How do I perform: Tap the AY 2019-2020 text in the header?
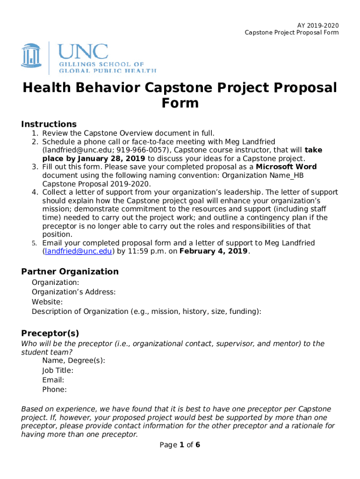pyautogui.click(x=318, y=25)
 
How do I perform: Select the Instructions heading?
pyautogui.click(x=49, y=124)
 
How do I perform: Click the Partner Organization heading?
pyautogui.click(x=70, y=271)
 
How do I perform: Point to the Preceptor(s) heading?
pyautogui.click(x=50, y=333)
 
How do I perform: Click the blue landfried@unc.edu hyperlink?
pyautogui.click(x=78, y=251)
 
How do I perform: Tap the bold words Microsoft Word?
pyautogui.click(x=286, y=167)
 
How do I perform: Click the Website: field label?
pyautogui.click(x=47, y=302)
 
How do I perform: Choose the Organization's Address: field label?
pyautogui.click(x=73, y=292)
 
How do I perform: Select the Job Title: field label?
pyautogui.click(x=58, y=370)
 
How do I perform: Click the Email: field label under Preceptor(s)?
pyautogui.click(x=53, y=380)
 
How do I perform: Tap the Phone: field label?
pyautogui.click(x=54, y=389)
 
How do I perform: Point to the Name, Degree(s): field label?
pyautogui.click(x=73, y=361)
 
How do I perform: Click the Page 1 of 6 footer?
pyautogui.click(x=180, y=445)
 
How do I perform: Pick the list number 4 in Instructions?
pyautogui.click(x=35, y=192)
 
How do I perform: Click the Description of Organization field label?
pyautogui.click(x=146, y=312)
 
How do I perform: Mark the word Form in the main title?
pyautogui.click(x=180, y=103)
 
